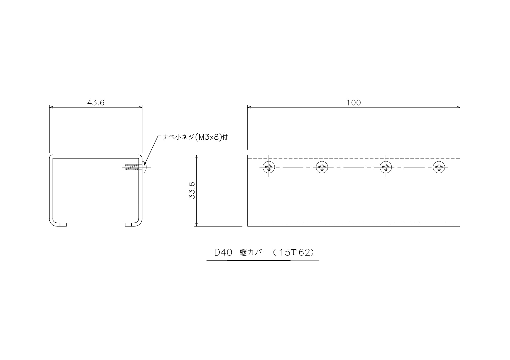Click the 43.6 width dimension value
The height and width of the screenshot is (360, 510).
coord(96,103)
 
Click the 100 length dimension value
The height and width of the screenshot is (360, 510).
coord(354,103)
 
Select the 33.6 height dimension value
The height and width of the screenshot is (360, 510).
coord(192,190)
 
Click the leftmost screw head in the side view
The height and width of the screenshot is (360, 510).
coord(269,167)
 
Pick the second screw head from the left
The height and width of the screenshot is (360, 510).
coord(322,167)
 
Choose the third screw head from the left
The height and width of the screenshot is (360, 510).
coord(386,167)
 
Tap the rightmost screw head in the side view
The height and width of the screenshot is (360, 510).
coord(439,167)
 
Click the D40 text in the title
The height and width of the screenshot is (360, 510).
coord(223,253)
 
